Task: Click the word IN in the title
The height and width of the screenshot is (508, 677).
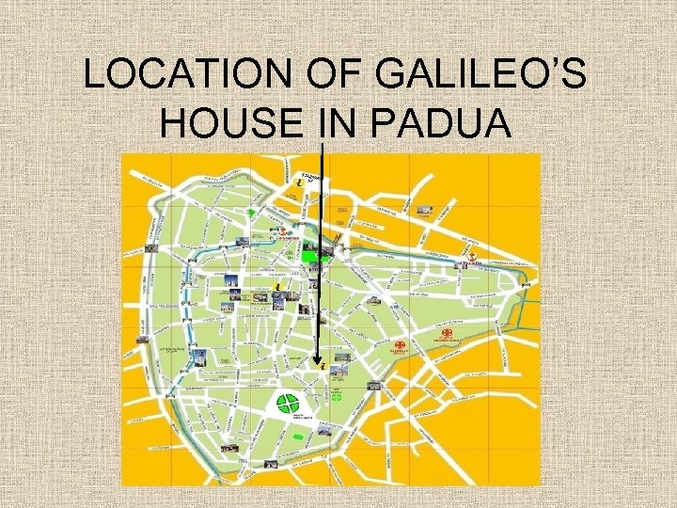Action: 340,123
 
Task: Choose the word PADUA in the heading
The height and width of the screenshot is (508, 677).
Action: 441,123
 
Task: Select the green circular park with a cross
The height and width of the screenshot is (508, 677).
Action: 285,405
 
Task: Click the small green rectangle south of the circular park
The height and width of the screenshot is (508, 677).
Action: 299,437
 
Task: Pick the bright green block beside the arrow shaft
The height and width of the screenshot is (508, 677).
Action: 312,253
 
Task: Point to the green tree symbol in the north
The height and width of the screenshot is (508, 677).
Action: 251,214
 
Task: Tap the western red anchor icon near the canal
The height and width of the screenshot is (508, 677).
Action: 280,231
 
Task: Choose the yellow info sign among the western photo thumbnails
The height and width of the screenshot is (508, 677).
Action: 279,281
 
